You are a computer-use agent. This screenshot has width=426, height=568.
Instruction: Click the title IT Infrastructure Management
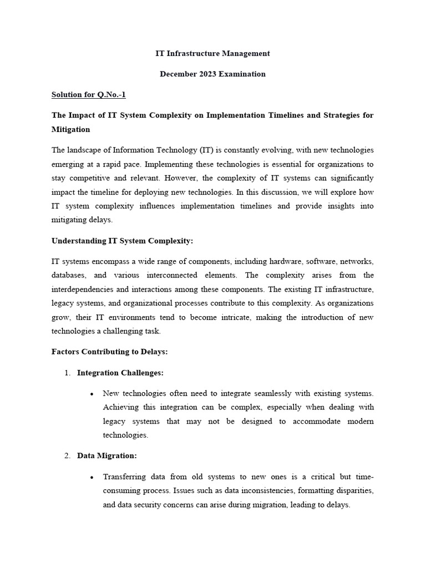(x=212, y=53)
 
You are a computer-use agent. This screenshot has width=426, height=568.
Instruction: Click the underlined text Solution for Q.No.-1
(x=89, y=94)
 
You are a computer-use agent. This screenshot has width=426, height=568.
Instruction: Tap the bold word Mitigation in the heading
(x=70, y=129)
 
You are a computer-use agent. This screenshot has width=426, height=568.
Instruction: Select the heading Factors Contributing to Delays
(x=109, y=352)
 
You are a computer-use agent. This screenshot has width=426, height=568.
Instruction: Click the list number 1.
(x=67, y=373)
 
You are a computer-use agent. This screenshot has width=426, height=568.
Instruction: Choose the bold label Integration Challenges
(x=120, y=373)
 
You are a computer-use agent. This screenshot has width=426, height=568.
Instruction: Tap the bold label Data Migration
(x=106, y=456)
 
